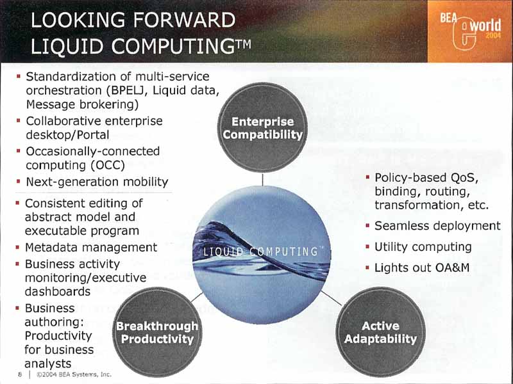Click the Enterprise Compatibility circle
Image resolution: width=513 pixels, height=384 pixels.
tap(263, 127)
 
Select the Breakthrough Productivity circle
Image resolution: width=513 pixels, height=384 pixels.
tap(157, 332)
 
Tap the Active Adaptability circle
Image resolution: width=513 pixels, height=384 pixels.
tap(380, 332)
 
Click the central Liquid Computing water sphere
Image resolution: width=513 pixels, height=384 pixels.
tap(262, 255)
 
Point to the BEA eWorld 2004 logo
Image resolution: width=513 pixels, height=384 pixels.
tap(470, 31)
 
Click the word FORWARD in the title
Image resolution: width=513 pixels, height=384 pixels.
tap(184, 20)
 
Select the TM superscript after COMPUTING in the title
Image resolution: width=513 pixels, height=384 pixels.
tap(243, 44)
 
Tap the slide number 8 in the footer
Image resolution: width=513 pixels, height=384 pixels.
tap(20, 374)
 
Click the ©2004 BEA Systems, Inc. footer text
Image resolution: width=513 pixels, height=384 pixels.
tap(74, 374)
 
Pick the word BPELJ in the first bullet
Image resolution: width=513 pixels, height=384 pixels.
tap(126, 90)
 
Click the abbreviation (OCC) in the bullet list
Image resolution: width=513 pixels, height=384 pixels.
tap(108, 165)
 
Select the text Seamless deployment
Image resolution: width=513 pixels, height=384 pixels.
tap(437, 226)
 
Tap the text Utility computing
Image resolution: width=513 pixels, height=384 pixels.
tap(423, 247)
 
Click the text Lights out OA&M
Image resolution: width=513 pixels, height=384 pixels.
tap(422, 268)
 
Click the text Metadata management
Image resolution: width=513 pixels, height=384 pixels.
tap(91, 248)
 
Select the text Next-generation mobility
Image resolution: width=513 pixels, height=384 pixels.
tap(97, 182)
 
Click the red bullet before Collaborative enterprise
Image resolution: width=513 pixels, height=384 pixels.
tap(19, 121)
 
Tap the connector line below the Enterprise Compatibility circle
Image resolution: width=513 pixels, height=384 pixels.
tap(263, 179)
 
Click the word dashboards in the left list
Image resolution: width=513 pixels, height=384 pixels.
tap(58, 291)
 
